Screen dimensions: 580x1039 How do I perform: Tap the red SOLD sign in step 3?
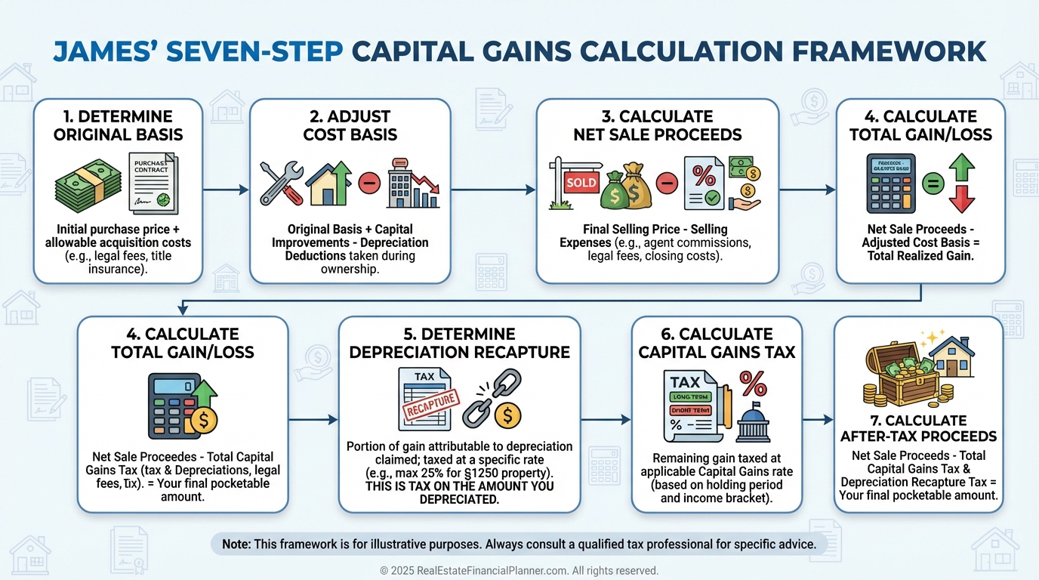[581, 182]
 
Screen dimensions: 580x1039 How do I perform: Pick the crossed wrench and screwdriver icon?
[281, 182]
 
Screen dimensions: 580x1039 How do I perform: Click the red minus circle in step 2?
[369, 183]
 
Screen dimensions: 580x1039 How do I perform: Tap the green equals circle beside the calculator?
[933, 183]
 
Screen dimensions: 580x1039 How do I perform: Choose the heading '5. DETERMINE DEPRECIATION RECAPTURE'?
[458, 342]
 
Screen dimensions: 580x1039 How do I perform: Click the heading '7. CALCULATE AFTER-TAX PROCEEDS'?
[918, 428]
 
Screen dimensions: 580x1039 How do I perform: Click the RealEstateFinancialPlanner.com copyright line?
[519, 571]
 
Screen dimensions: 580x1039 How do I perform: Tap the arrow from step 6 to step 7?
[817, 418]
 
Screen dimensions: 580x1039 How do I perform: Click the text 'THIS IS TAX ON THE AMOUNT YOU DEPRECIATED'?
[459, 492]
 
